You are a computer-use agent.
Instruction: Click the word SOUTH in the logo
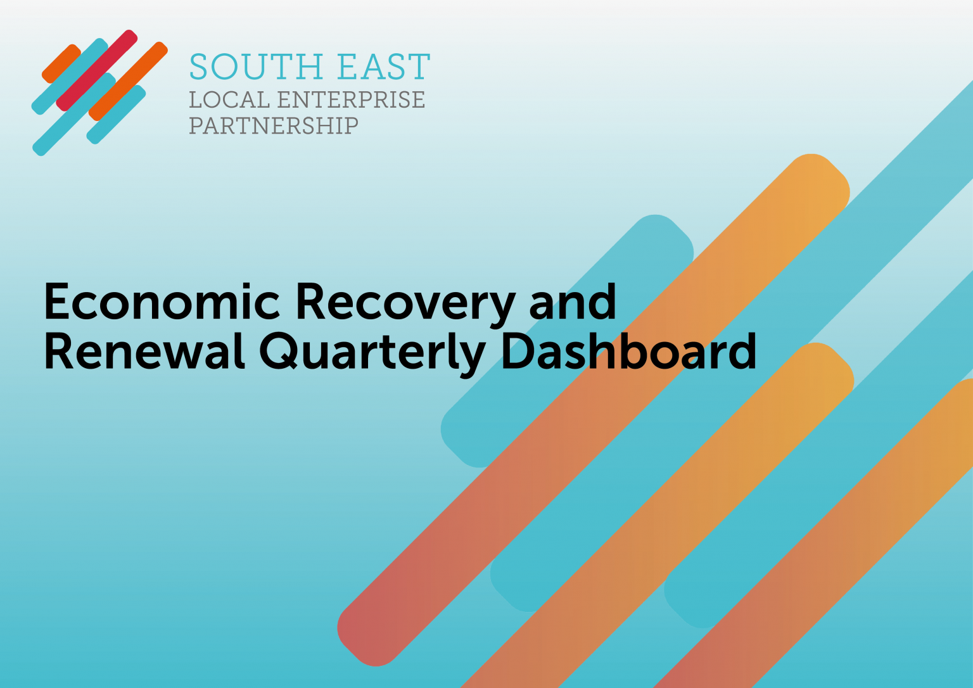tap(257, 67)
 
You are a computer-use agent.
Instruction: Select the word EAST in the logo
tap(384, 67)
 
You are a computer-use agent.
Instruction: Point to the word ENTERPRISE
tap(351, 100)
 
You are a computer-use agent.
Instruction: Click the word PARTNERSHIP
tap(274, 125)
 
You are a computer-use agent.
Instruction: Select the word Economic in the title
tap(162, 302)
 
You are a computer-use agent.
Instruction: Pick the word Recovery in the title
tap(405, 306)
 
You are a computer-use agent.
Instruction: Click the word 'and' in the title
tap(573, 302)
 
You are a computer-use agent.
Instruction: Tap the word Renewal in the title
tap(144, 351)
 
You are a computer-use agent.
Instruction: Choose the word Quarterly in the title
tap(372, 355)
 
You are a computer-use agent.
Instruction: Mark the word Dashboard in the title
tap(628, 351)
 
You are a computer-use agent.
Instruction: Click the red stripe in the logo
tap(97, 70)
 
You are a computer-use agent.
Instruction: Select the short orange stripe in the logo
tap(61, 63)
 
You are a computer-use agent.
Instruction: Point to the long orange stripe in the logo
tap(128, 81)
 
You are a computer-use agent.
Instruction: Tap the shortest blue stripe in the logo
tap(116, 114)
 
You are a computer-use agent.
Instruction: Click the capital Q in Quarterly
tap(278, 352)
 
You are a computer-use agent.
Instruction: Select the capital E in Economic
tap(56, 302)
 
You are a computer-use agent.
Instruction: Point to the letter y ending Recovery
tap(501, 312)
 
